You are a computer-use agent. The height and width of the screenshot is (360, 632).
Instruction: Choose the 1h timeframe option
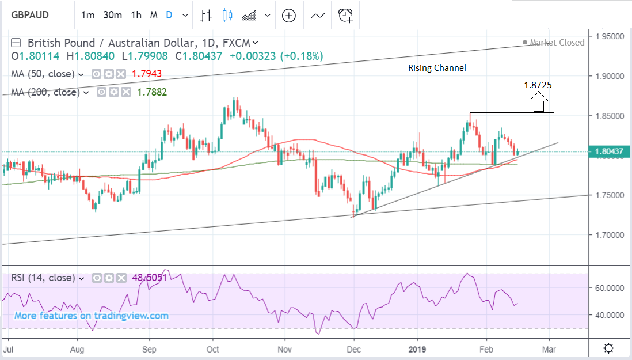pyautogui.click(x=136, y=16)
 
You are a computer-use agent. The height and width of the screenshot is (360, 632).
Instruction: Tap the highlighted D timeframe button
pyautogui.click(x=169, y=16)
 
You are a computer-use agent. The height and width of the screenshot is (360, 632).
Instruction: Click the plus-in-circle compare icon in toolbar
pyautogui.click(x=288, y=16)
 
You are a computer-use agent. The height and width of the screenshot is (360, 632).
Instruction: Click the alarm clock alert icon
pyautogui.click(x=345, y=16)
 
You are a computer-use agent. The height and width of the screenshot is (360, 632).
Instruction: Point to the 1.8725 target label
pyautogui.click(x=538, y=85)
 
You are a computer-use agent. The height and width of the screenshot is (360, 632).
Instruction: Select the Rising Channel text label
pyautogui.click(x=437, y=68)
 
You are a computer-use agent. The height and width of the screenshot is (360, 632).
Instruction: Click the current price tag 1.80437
pyautogui.click(x=610, y=152)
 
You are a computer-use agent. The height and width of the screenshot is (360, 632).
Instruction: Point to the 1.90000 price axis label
pyautogui.click(x=610, y=76)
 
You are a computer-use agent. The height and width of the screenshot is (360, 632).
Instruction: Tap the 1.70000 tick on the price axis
pyautogui.click(x=610, y=235)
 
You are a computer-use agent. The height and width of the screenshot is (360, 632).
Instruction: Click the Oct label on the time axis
pyautogui.click(x=213, y=348)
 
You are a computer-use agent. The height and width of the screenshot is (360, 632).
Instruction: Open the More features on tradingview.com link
pyautogui.click(x=92, y=316)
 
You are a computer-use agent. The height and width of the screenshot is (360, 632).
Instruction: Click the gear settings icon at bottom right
pyautogui.click(x=608, y=348)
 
